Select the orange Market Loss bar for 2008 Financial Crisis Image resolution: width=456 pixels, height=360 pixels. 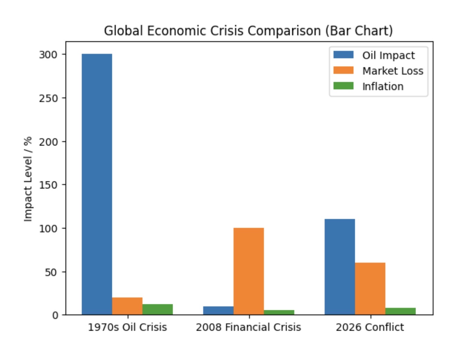(x=248, y=271)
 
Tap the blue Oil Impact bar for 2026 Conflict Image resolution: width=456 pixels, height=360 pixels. (x=340, y=267)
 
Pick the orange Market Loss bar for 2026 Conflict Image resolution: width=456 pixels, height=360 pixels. (x=370, y=288)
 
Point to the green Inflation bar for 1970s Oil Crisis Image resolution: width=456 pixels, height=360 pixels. (x=158, y=310)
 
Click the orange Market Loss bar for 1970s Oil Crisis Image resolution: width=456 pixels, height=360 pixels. (x=127, y=306)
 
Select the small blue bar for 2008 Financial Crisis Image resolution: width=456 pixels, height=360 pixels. (x=218, y=311)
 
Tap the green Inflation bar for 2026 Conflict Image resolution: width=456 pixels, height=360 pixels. (x=400, y=311)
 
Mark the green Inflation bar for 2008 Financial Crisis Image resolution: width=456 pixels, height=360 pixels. (x=279, y=312)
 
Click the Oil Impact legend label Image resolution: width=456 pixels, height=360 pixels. (x=388, y=55)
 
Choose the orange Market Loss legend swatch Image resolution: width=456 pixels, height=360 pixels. (x=343, y=70)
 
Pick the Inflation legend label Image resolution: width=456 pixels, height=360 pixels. (x=383, y=86)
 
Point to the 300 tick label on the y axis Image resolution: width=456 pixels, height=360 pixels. (x=48, y=55)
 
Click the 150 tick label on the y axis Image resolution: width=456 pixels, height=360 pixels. (x=48, y=185)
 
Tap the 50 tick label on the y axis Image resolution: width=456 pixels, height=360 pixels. (x=51, y=272)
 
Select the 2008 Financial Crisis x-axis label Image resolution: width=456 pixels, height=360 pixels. (x=248, y=327)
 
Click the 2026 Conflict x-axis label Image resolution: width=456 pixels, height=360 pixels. (x=370, y=327)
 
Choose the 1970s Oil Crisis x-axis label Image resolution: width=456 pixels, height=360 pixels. (x=127, y=327)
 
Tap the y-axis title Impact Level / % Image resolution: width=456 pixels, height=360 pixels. (x=28, y=179)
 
